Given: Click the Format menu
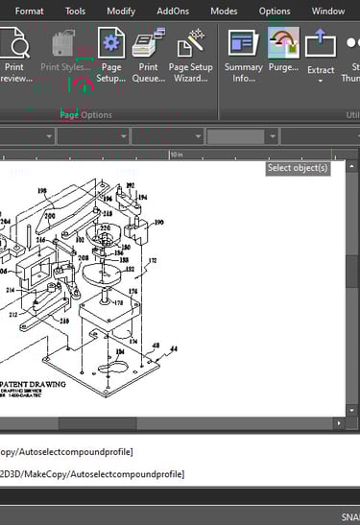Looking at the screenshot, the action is pyautogui.click(x=30, y=11).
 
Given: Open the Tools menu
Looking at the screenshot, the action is pyautogui.click(x=75, y=11).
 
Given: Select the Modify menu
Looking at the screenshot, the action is pyautogui.click(x=121, y=11).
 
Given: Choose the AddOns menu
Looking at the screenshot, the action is pyautogui.click(x=173, y=11).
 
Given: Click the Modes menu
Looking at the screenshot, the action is pyautogui.click(x=224, y=11).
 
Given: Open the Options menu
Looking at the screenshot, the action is pyautogui.click(x=275, y=11).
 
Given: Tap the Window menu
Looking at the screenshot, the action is pyautogui.click(x=328, y=11).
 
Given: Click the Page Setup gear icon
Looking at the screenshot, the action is pyautogui.click(x=111, y=44).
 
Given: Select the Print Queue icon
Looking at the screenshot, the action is pyautogui.click(x=148, y=44).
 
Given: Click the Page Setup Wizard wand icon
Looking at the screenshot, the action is pyautogui.click(x=191, y=44).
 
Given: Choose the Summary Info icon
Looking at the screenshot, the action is pyautogui.click(x=244, y=44).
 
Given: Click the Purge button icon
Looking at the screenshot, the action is pyautogui.click(x=283, y=44).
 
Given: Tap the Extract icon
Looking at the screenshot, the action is pyautogui.click(x=321, y=46).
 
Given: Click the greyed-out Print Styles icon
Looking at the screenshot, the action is pyautogui.click(x=63, y=44).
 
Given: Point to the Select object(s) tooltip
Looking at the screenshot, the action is pyautogui.click(x=298, y=168).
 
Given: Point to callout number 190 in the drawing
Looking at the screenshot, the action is pyautogui.click(x=158, y=221).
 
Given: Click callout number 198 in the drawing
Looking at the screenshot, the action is pyautogui.click(x=41, y=191).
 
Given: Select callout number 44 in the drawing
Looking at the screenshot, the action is pyautogui.click(x=174, y=349).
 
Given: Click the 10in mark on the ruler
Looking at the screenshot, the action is pyautogui.click(x=176, y=154).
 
